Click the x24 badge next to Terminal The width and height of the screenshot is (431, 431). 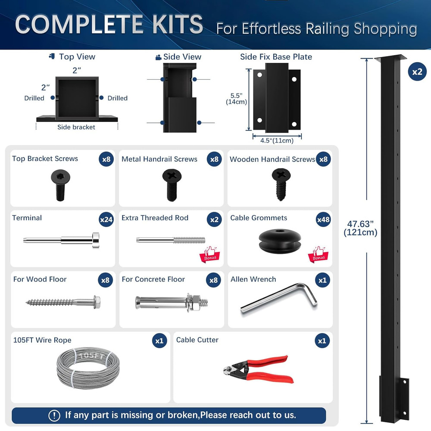[x=106, y=219]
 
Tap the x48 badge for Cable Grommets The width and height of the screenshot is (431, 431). [x=323, y=219]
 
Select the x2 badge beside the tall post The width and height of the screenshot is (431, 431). [x=417, y=72]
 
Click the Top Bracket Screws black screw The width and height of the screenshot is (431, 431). [x=60, y=184]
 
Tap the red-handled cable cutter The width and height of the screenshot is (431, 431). [x=259, y=369]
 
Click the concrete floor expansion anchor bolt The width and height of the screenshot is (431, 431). [x=172, y=300]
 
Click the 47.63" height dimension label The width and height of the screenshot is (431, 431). [x=360, y=228]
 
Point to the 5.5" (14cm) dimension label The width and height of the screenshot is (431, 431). [x=236, y=98]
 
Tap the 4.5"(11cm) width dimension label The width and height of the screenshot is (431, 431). [x=277, y=141]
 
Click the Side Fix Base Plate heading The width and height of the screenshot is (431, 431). [x=276, y=57]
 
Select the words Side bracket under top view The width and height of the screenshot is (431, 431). [x=76, y=127]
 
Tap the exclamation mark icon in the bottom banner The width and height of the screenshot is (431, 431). [x=54, y=415]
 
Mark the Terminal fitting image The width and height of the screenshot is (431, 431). [x=62, y=239]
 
